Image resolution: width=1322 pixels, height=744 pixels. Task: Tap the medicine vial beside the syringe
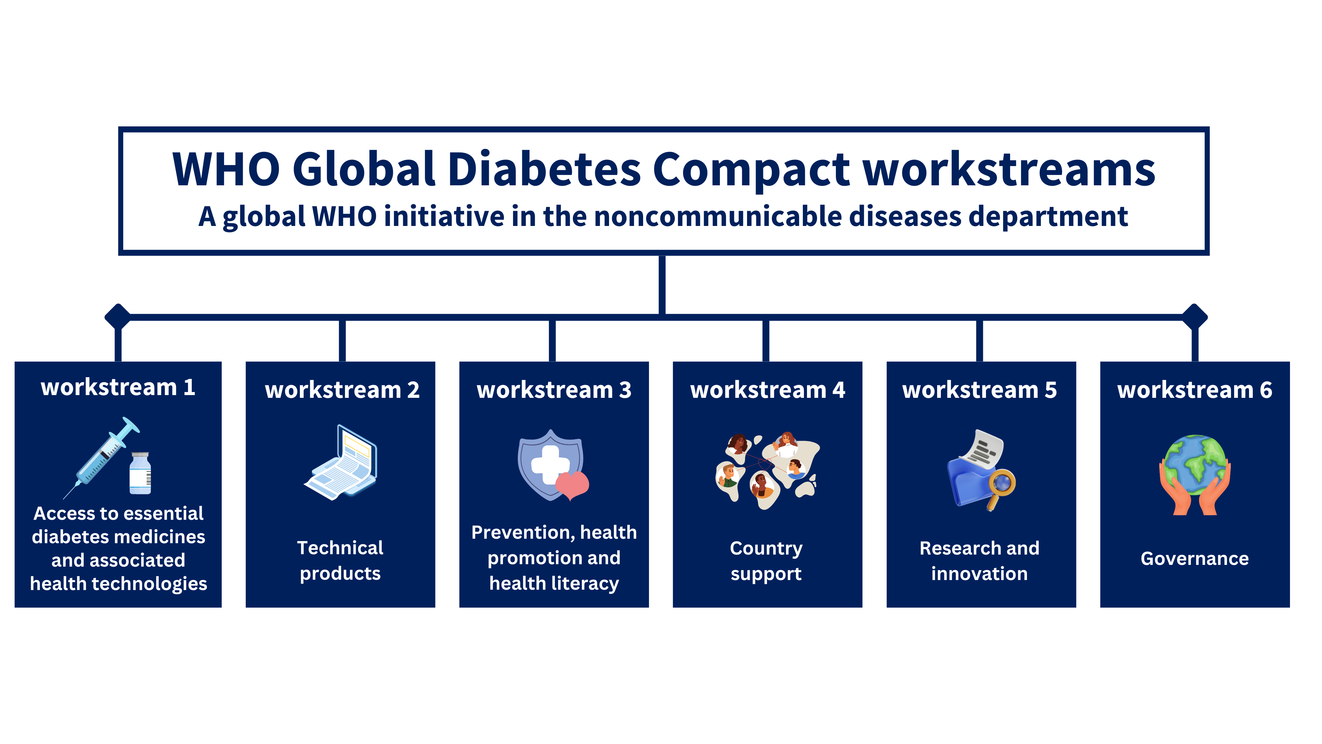coord(140,473)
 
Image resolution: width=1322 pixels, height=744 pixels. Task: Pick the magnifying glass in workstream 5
coord(1001,485)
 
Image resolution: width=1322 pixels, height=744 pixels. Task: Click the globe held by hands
coord(1195,465)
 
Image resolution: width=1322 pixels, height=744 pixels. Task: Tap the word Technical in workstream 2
coord(340,548)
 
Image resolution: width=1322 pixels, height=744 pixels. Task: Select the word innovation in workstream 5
coord(979,573)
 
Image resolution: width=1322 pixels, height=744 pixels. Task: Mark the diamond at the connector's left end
coord(117,316)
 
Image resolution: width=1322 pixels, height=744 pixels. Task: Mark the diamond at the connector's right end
coord(1195,316)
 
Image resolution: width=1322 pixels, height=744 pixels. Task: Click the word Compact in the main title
coord(752,169)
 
